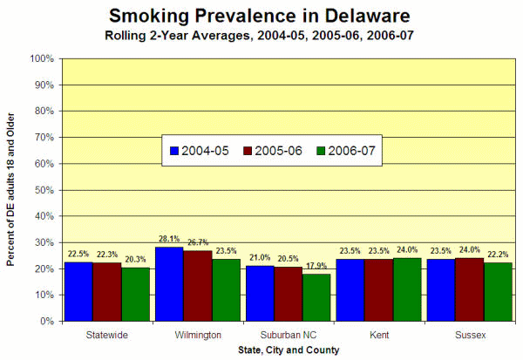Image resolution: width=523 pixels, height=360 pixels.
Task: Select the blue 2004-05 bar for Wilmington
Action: click(x=169, y=284)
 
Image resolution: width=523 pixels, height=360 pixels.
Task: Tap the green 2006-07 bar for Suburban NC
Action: click(x=316, y=297)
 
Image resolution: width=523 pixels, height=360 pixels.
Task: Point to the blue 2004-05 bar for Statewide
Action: click(x=78, y=291)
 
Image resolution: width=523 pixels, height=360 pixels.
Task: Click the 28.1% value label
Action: click(x=168, y=239)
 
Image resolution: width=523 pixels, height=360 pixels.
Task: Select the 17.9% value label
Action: click(x=317, y=266)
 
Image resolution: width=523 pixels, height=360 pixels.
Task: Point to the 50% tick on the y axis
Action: click(x=44, y=190)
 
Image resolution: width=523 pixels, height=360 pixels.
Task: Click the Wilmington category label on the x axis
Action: click(x=197, y=335)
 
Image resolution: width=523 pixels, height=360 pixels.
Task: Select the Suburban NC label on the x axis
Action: click(x=289, y=335)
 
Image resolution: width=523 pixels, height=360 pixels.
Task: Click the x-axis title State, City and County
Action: click(x=289, y=350)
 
